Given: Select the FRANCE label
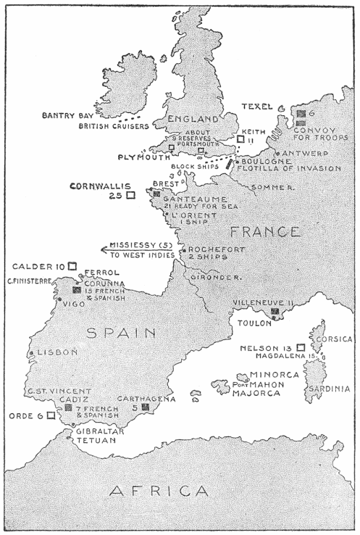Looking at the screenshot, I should click(x=254, y=232).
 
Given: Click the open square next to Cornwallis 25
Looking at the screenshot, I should click(x=130, y=195).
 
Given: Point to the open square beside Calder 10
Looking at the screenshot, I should click(x=72, y=266).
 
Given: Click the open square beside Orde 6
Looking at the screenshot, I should click(x=50, y=416).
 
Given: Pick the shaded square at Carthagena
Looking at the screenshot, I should click(x=145, y=408).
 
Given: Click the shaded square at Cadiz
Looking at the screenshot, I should click(x=67, y=408).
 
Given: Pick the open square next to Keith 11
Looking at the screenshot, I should click(x=240, y=138).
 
